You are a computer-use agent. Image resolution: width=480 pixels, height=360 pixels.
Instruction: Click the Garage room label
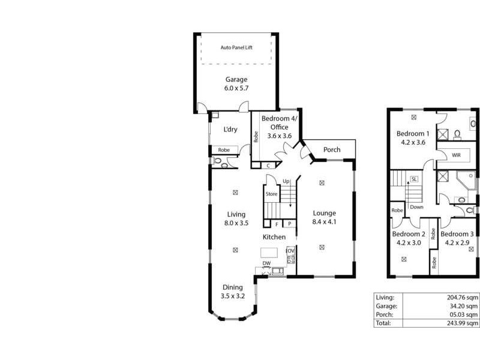click(x=236, y=79)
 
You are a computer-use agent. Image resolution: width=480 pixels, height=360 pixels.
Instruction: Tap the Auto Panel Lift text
click(x=236, y=47)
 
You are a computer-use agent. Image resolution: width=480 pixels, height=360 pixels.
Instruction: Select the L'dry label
click(x=229, y=130)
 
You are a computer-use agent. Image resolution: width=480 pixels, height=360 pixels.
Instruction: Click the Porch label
click(x=332, y=149)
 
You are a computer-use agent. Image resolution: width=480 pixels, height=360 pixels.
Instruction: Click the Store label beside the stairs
click(x=271, y=194)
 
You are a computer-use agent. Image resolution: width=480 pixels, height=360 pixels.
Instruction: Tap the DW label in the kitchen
click(x=267, y=263)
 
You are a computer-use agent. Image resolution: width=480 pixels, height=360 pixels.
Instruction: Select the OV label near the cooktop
click(x=290, y=250)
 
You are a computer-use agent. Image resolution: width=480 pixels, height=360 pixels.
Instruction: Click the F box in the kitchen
click(x=277, y=224)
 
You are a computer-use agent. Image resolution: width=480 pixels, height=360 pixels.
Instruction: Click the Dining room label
click(x=233, y=287)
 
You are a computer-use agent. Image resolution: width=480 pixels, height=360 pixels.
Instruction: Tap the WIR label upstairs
click(x=457, y=155)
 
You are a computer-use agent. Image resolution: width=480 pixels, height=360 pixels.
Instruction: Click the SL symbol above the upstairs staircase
click(x=414, y=179)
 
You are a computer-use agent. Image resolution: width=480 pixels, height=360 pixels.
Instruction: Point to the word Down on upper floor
click(x=416, y=207)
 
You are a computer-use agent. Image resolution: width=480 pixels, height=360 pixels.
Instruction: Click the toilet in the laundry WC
click(x=218, y=161)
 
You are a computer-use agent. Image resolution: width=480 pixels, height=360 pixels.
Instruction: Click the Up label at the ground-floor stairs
click(x=286, y=181)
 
